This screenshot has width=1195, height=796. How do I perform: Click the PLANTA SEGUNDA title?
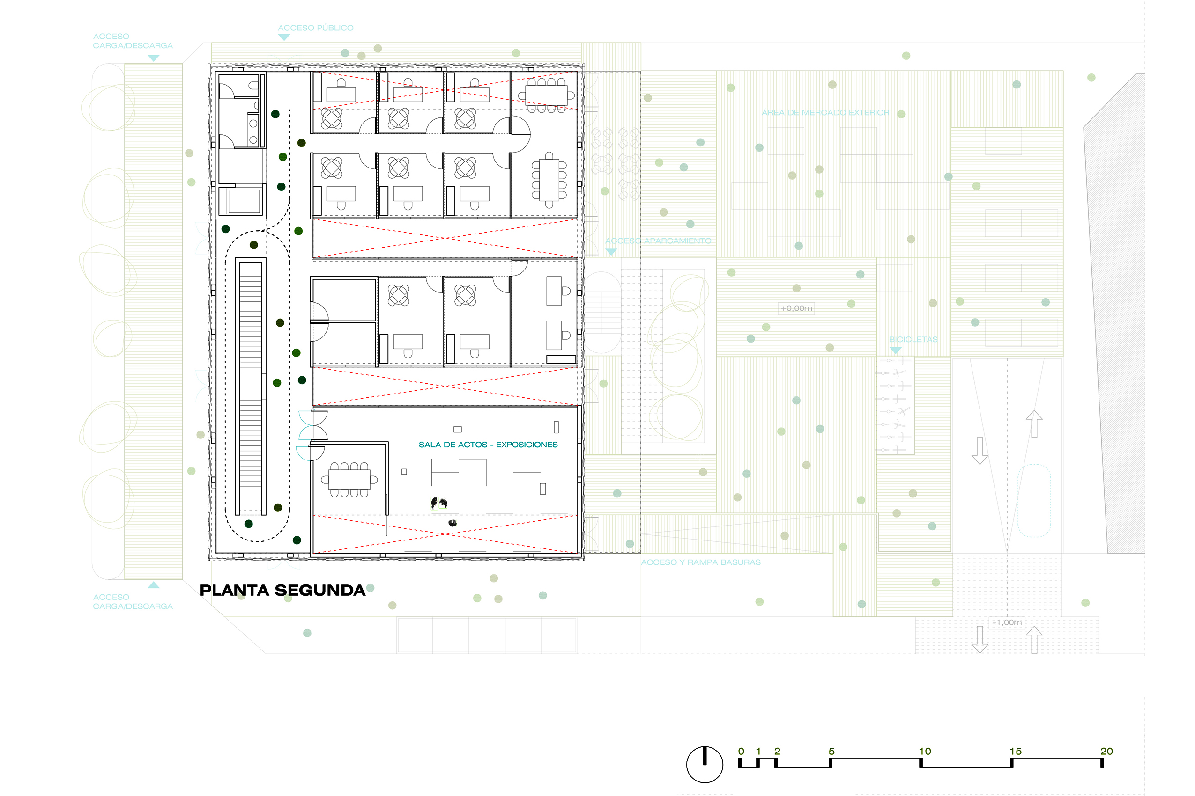pos(282,591)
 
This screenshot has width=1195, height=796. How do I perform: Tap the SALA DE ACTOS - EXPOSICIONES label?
pos(488,445)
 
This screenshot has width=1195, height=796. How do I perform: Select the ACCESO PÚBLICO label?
pos(316,28)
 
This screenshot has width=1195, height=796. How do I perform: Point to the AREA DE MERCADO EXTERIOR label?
pos(825,113)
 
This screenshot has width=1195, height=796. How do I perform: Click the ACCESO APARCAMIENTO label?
pos(658,241)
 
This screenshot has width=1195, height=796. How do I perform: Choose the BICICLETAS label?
pos(913,340)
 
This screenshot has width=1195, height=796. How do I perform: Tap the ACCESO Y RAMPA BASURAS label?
pos(701,562)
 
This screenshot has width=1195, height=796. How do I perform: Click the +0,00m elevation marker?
pos(796,308)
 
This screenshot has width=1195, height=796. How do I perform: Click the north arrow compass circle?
pos(705,765)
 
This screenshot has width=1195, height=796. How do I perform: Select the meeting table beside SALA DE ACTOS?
pos(349,479)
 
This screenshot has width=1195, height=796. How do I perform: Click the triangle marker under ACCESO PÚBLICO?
pos(284,37)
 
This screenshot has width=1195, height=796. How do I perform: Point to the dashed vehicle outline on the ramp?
pos(1034,501)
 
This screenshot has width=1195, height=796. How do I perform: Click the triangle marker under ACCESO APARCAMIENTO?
pos(611,252)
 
